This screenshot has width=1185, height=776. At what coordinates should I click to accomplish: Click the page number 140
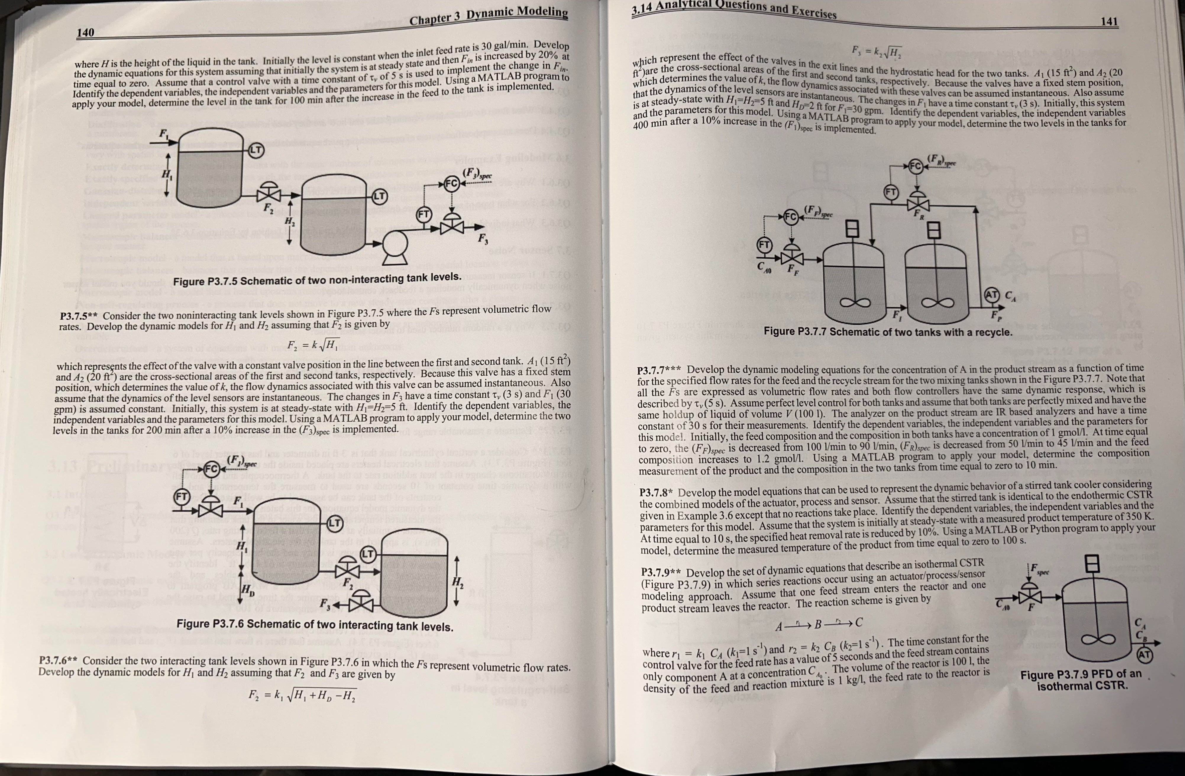[85, 33]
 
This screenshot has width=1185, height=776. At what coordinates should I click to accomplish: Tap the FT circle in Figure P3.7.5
[424, 215]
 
